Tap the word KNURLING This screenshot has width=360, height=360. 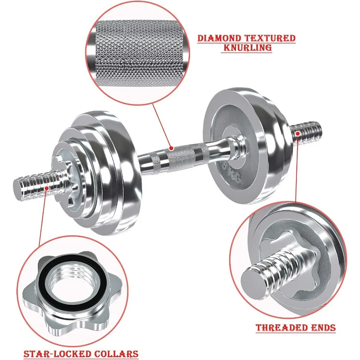[x=246, y=48]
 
